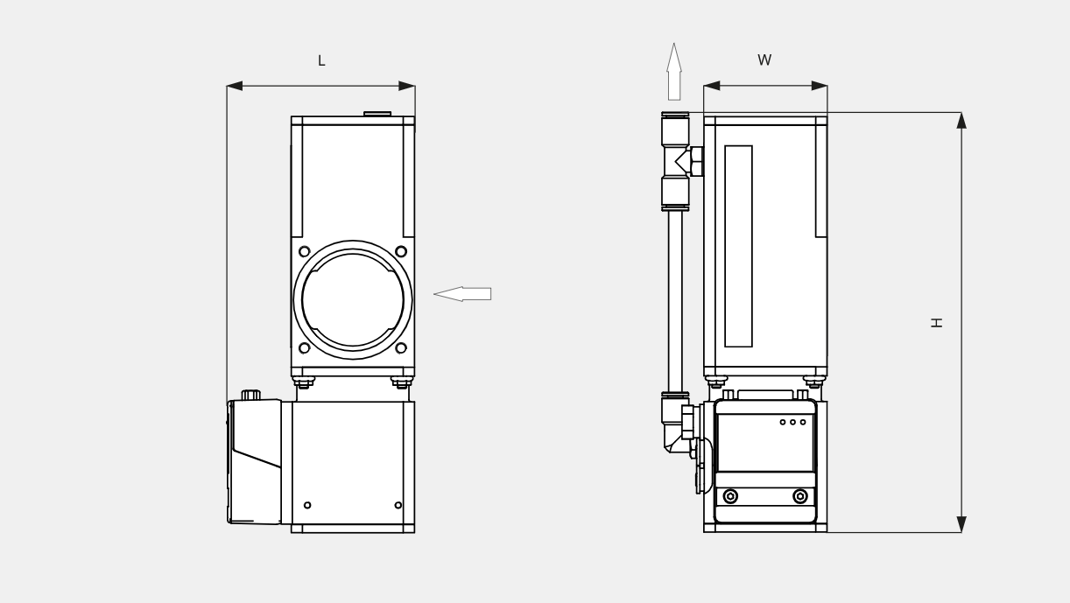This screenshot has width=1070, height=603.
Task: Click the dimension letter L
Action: [321, 60]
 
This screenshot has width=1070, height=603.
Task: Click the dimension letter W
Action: [764, 60]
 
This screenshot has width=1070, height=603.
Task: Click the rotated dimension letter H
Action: [937, 323]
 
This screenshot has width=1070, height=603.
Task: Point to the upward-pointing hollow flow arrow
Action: [674, 72]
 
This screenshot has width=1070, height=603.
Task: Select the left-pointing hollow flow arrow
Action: [462, 294]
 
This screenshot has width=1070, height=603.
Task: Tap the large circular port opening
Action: [353, 299]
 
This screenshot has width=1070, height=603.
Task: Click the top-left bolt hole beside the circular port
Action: [305, 251]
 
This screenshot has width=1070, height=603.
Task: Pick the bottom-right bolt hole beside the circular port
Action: [401, 347]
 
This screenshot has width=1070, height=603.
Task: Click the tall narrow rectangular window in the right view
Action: [738, 246]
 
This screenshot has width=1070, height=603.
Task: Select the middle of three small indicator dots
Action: [792, 422]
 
